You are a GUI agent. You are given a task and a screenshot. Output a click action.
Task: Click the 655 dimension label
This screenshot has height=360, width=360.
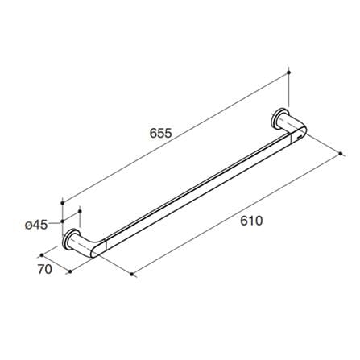[x=160, y=133]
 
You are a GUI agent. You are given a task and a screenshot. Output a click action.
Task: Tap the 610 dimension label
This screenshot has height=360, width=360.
[x=251, y=221]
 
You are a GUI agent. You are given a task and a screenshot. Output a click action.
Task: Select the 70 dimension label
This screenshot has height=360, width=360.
[x=45, y=269]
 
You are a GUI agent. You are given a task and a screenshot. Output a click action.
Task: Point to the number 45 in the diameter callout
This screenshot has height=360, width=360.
[x=40, y=225]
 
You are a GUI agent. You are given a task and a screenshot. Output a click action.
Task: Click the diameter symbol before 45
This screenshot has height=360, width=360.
[x=29, y=226]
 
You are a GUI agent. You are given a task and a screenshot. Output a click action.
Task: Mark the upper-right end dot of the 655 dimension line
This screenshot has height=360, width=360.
[x=289, y=72]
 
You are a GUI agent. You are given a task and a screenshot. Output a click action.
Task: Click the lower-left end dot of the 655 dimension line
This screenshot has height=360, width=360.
[x=63, y=203]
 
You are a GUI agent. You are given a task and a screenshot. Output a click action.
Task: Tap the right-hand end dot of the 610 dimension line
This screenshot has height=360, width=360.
[x=341, y=154]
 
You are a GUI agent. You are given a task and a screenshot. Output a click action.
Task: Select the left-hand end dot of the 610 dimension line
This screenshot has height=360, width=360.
[x=131, y=274]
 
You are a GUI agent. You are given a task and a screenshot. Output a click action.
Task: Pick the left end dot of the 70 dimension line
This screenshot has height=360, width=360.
[x=42, y=255]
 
